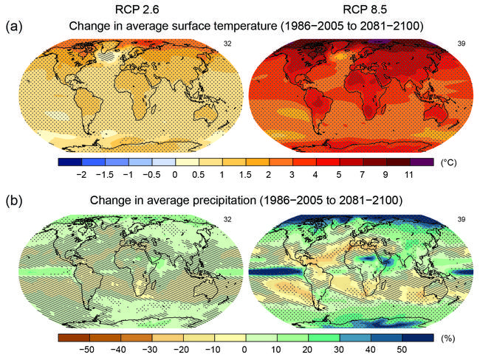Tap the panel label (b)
[14, 199]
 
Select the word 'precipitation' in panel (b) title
[261, 200]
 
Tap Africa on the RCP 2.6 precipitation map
[128, 268]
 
